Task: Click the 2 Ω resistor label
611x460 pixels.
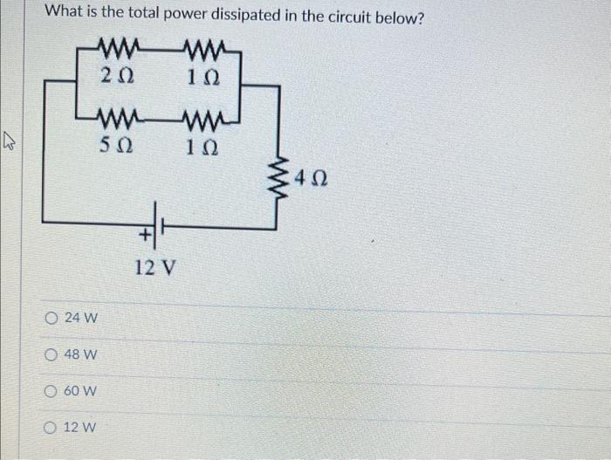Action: click(x=117, y=76)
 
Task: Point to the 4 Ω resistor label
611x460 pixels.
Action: click(x=312, y=181)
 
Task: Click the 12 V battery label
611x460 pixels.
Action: click(x=157, y=266)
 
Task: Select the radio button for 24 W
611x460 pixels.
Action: click(x=53, y=319)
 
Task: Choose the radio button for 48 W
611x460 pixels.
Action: click(x=53, y=355)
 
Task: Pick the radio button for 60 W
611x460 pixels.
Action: click(x=53, y=392)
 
